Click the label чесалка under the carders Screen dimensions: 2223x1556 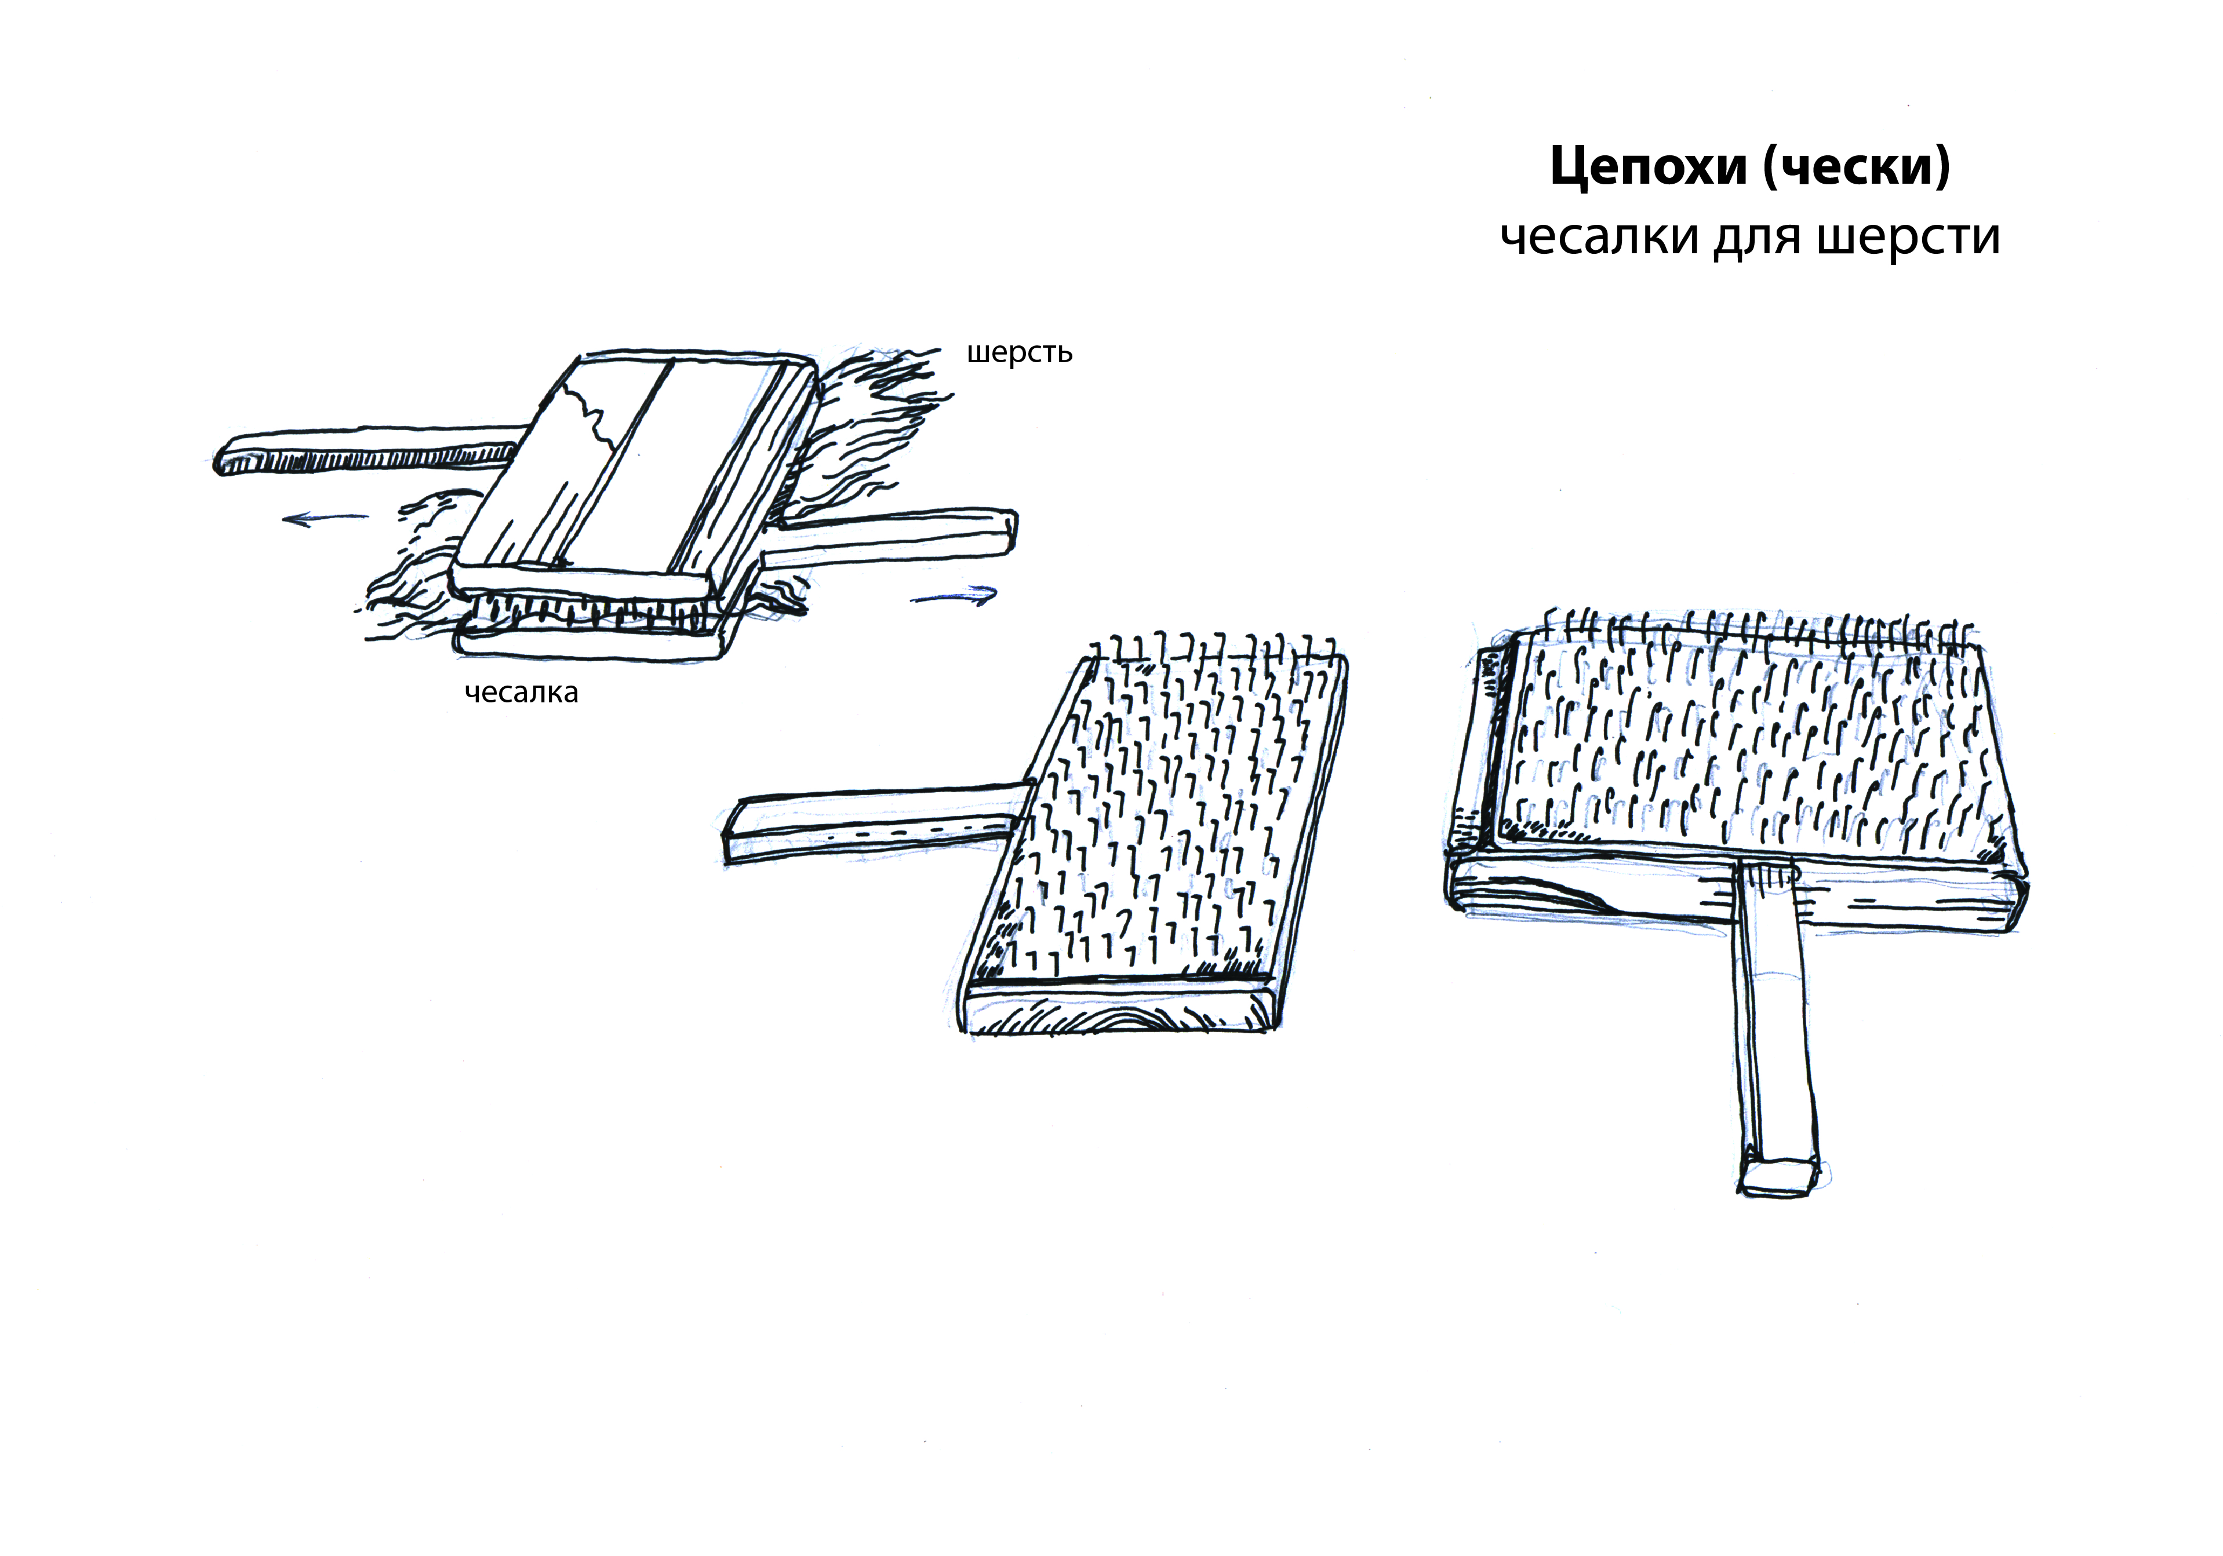pos(521,693)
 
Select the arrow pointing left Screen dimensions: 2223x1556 pos(325,519)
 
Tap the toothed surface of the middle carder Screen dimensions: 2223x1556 pos(1162,813)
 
